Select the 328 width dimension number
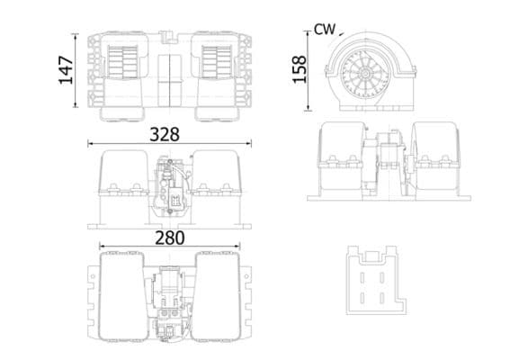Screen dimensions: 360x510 click(x=165, y=134)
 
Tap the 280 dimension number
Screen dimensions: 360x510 click(x=168, y=238)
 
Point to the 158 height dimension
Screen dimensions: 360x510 click(x=300, y=68)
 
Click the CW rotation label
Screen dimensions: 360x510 click(x=325, y=29)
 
